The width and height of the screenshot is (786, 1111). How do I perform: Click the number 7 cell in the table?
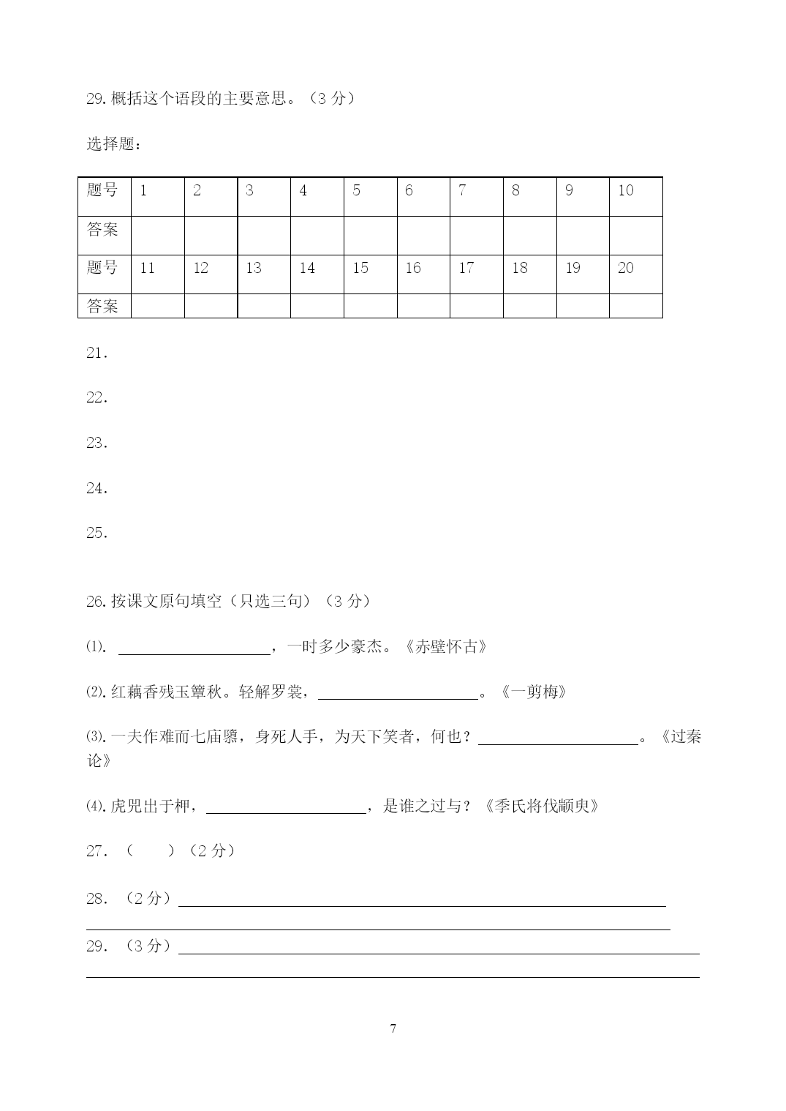pyautogui.click(x=476, y=196)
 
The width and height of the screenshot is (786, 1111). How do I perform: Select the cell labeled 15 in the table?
pyautogui.click(x=370, y=274)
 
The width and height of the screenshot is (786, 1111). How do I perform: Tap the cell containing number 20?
pyautogui.click(x=635, y=274)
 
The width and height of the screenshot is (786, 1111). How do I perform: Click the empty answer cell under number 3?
pyautogui.click(x=264, y=235)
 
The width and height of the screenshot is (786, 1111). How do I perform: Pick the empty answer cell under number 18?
pyautogui.click(x=529, y=305)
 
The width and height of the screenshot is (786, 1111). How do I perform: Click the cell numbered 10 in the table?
pyautogui.click(x=635, y=196)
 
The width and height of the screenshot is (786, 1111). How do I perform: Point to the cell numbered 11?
pyautogui.click(x=157, y=274)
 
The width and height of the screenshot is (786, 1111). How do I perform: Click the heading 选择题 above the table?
pyautogui.click(x=113, y=144)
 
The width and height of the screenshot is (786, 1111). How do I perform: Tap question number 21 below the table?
pyautogui.click(x=97, y=353)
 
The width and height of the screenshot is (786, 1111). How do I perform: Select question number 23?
pyautogui.click(x=97, y=443)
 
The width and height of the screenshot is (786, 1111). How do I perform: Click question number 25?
pyautogui.click(x=97, y=533)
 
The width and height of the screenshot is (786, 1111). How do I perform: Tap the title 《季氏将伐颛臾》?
pyautogui.click(x=542, y=807)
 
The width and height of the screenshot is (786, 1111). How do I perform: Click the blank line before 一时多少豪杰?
pyautogui.click(x=194, y=648)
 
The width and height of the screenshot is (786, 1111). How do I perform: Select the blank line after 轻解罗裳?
pyautogui.click(x=398, y=694)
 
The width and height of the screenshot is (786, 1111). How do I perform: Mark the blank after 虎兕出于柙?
pyautogui.click(x=286, y=808)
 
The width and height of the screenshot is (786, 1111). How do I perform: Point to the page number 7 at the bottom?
pyautogui.click(x=393, y=1028)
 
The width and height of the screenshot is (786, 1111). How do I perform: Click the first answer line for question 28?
pyautogui.click(x=422, y=900)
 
